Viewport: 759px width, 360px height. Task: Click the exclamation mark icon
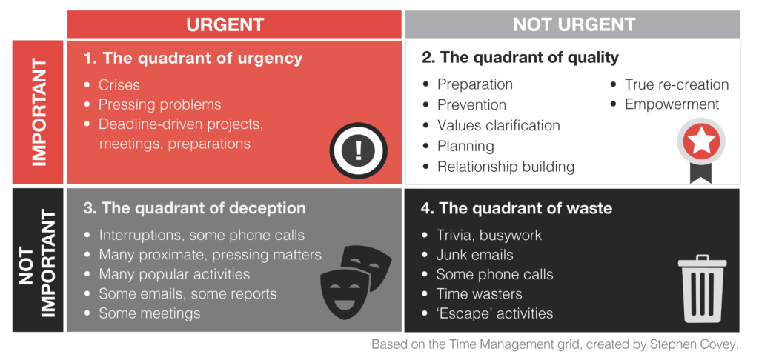pyautogui.click(x=358, y=150)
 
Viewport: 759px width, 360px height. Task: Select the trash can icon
pyautogui.click(x=702, y=289)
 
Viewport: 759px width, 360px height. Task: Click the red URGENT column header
pyautogui.click(x=234, y=24)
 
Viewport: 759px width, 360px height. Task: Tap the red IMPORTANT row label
pyautogui.click(x=38, y=113)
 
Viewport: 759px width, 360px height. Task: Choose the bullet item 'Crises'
pyautogui.click(x=119, y=85)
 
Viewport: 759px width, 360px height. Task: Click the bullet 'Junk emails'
pyautogui.click(x=474, y=255)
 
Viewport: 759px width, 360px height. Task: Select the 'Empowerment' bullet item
pyautogui.click(x=672, y=104)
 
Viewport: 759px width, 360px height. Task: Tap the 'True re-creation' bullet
pyautogui.click(x=676, y=84)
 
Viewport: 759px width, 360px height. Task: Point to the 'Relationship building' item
pyautogui.click(x=506, y=167)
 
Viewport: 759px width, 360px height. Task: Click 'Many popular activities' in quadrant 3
pyautogui.click(x=174, y=274)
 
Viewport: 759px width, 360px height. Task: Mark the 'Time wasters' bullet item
pyautogui.click(x=480, y=294)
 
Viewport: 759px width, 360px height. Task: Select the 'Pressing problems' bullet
pyautogui.click(x=160, y=105)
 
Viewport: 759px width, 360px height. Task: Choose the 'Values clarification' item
pyautogui.click(x=499, y=125)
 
